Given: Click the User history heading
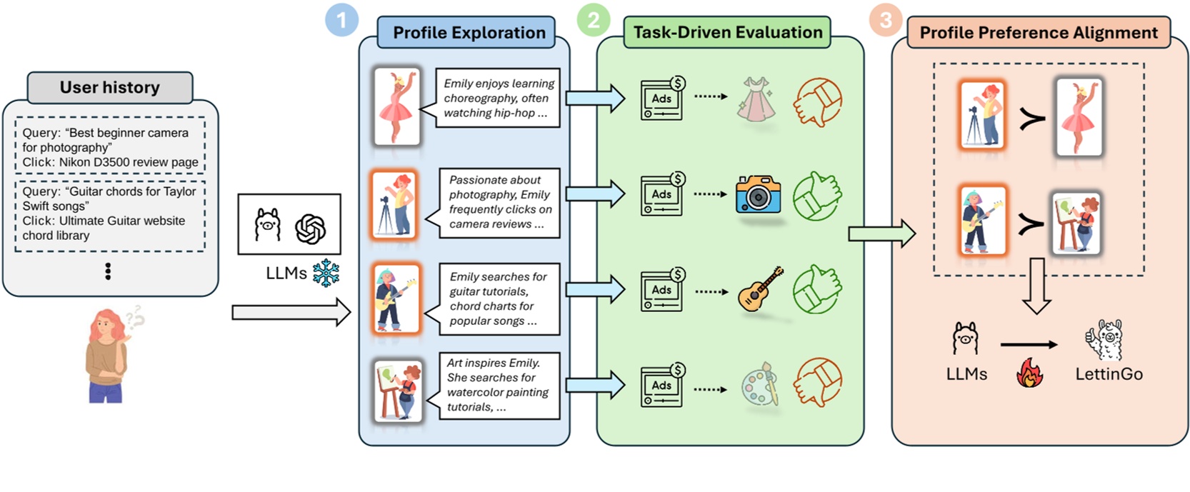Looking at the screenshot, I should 109,87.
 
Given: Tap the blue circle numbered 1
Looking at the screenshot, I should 341,20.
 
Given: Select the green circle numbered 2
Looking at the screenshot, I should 594,20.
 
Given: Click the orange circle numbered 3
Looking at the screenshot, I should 886,20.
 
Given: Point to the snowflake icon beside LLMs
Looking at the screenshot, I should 326,273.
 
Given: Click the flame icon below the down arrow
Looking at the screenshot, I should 1029,373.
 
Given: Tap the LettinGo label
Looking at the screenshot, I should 1109,373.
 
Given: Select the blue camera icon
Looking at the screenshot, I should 758,194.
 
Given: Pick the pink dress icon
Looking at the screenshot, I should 756,99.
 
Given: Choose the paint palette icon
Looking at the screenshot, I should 759,384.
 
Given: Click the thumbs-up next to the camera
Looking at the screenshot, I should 817,195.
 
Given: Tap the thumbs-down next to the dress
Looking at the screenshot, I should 817,101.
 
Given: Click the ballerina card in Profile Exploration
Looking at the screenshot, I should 396,106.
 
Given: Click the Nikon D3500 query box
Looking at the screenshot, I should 110,147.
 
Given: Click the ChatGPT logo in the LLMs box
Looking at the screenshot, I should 310,229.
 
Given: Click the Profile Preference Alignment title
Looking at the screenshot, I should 1038,33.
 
